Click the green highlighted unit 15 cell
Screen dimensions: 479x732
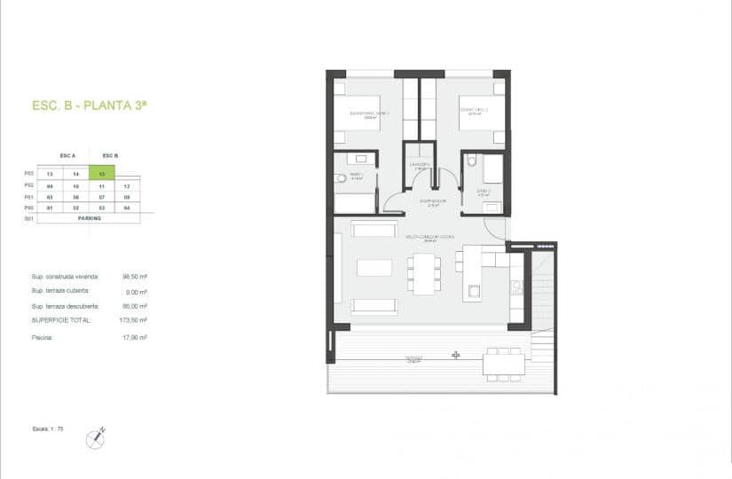(104, 175)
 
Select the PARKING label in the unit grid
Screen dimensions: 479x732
(90, 217)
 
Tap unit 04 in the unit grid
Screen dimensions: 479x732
(128, 207)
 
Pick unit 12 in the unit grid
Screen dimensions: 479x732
(128, 186)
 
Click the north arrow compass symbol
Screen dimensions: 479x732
(96, 436)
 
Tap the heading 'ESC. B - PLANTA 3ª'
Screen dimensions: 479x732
(89, 106)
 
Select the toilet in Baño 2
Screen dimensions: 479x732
(473, 161)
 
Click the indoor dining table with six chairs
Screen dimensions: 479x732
(423, 273)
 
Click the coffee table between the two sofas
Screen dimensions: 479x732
(374, 267)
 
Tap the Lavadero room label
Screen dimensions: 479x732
(420, 165)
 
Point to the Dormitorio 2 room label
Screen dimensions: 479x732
(469, 112)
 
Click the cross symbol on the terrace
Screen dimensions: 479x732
(456, 355)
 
